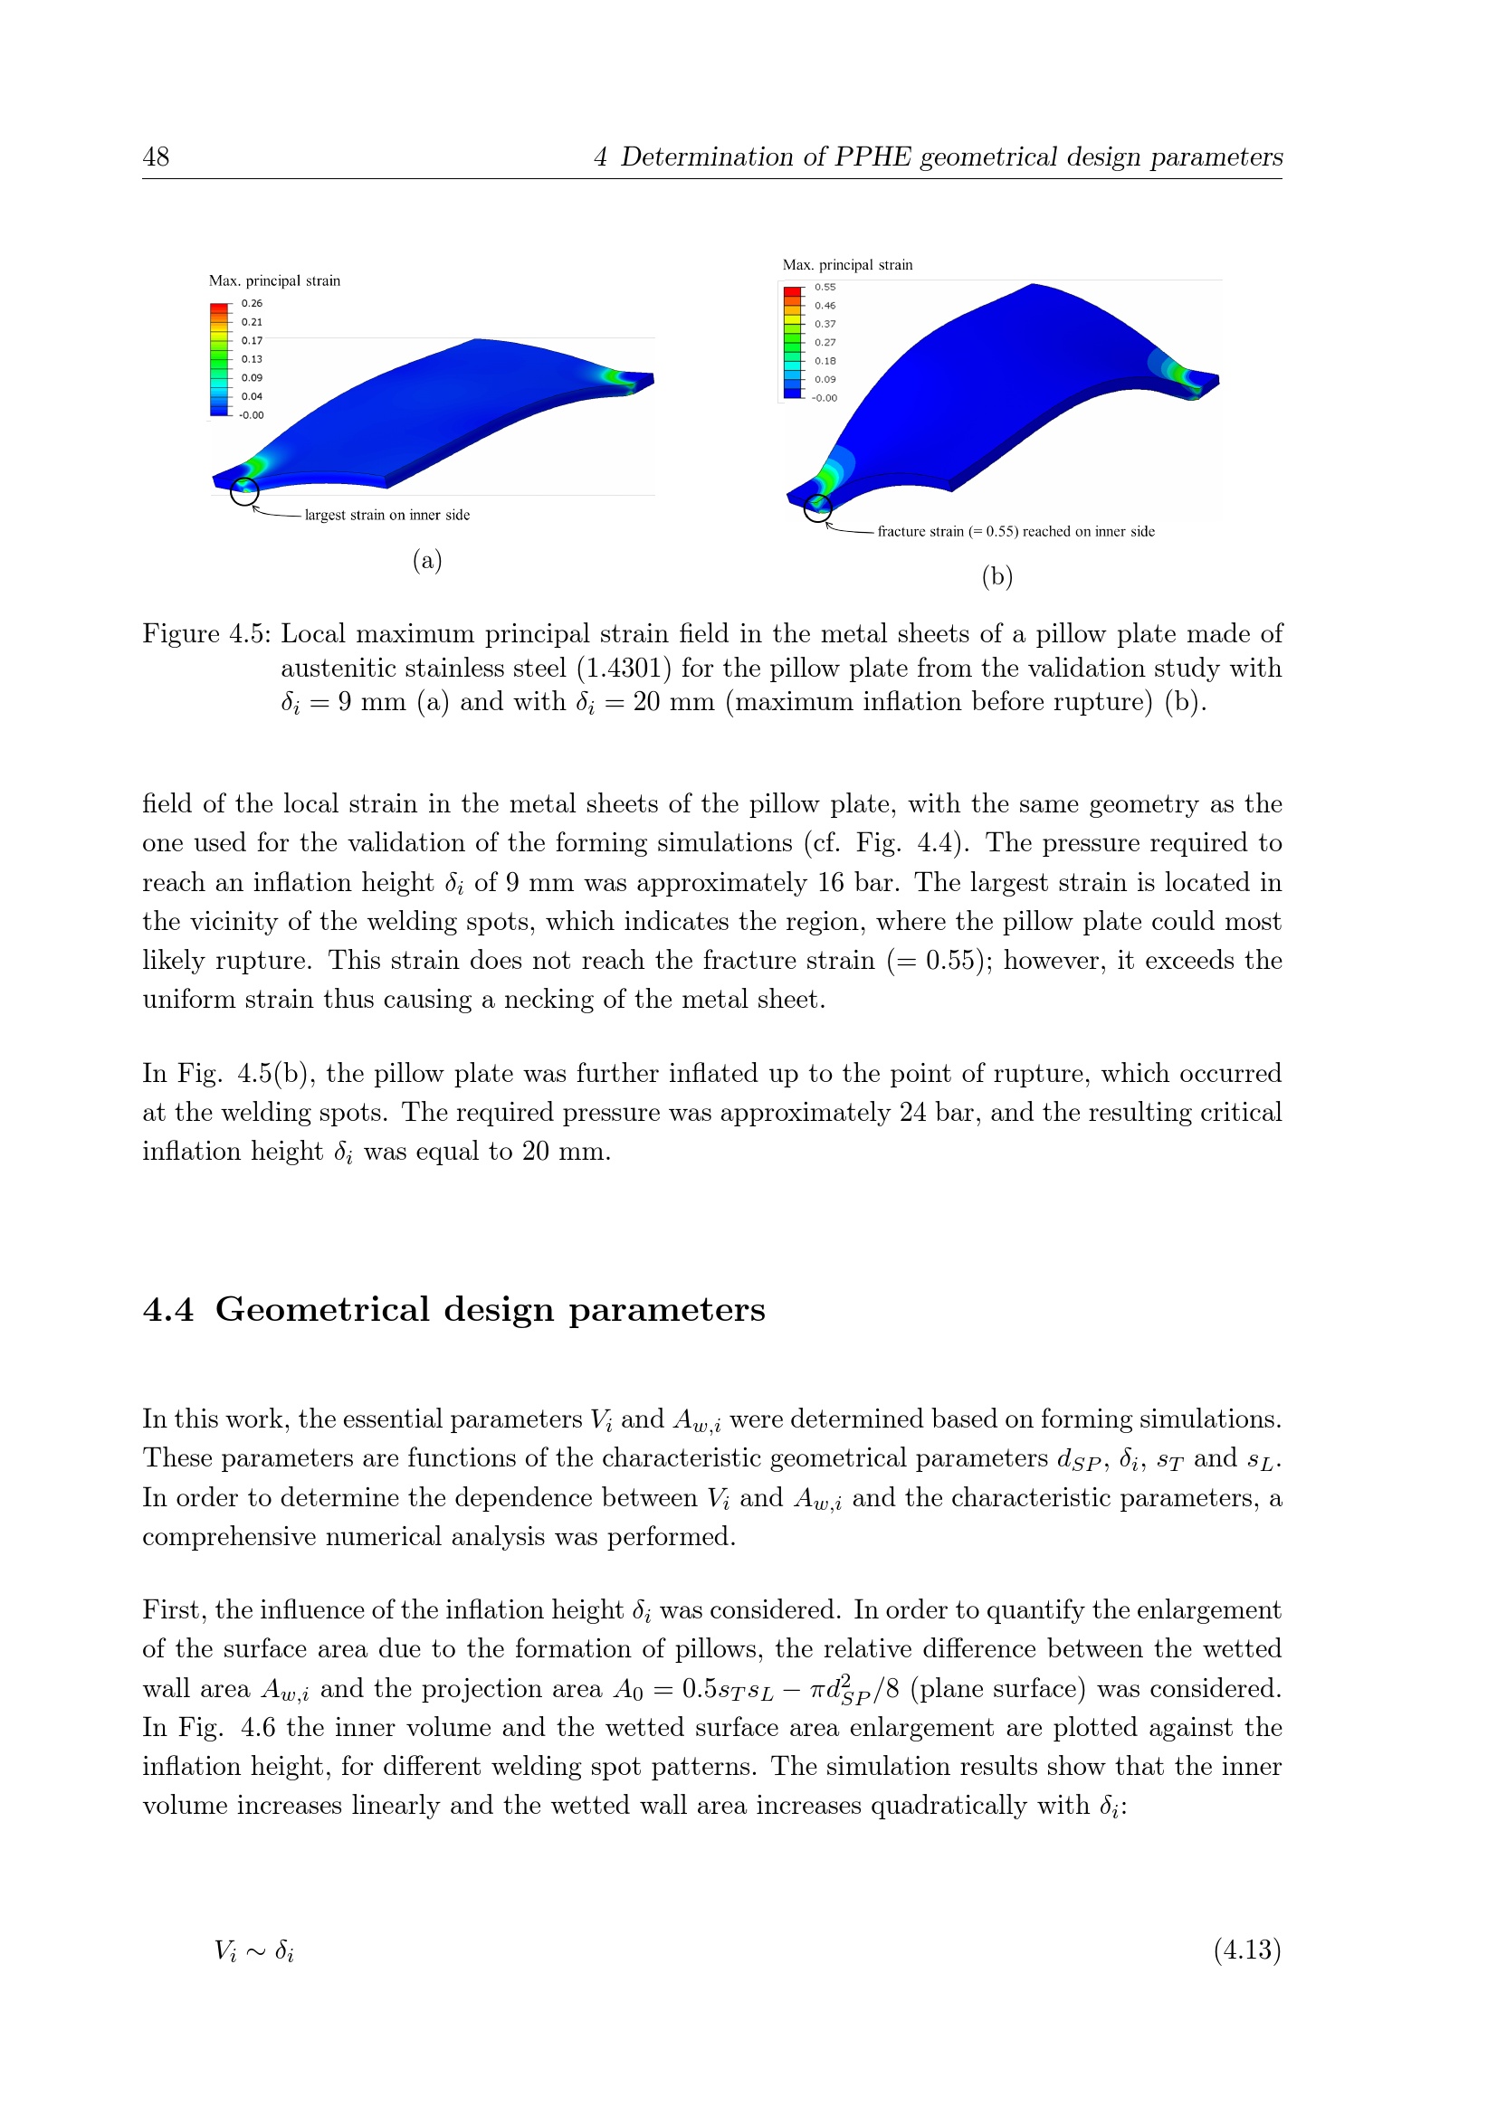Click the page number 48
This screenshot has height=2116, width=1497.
[156, 157]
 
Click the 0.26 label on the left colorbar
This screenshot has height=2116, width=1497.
[252, 303]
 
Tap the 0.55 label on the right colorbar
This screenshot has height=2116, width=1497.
[825, 288]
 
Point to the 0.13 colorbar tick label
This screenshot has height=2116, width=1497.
[252, 359]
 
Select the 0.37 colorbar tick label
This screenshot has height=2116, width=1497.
[825, 325]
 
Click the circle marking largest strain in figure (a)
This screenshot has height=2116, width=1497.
[244, 491]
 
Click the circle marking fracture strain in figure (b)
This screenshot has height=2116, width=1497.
[817, 508]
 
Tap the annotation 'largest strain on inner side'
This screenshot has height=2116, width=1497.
[387, 515]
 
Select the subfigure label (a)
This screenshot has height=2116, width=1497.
[428, 560]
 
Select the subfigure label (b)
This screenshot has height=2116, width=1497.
[997, 577]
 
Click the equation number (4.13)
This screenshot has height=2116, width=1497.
[1247, 1950]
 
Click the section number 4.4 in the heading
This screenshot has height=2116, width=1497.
[167, 1310]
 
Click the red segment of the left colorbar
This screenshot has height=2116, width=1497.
[218, 307]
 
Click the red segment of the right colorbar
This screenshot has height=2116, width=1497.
[792, 291]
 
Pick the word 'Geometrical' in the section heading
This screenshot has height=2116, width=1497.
[321, 1310]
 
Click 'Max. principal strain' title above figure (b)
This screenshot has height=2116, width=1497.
[847, 265]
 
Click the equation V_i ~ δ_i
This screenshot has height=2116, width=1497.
[254, 1950]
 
